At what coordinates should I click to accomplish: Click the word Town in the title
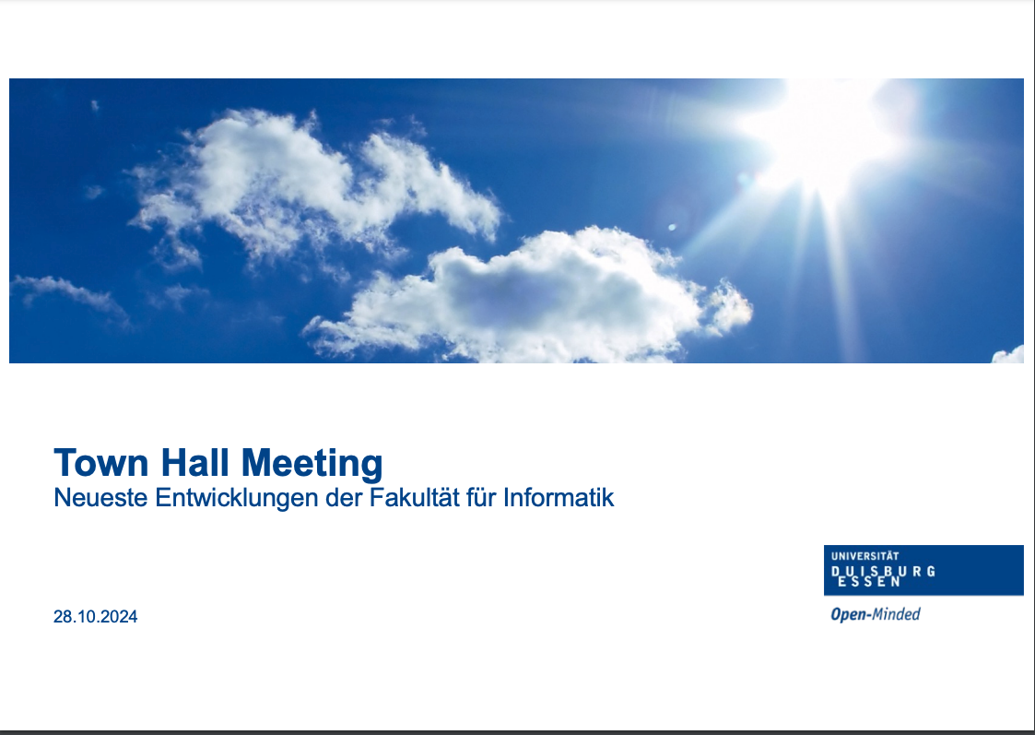point(101,462)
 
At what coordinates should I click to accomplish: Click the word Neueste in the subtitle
point(101,497)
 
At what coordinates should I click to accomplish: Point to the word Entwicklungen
point(237,498)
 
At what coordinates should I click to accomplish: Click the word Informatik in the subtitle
point(559,497)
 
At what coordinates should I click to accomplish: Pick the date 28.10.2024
point(96,617)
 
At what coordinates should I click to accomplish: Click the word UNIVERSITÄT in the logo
point(864,556)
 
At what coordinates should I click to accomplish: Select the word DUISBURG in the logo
point(883,571)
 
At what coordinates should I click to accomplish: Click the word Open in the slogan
point(848,615)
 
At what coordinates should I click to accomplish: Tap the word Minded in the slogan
point(897,614)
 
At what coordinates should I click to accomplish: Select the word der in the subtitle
point(341,497)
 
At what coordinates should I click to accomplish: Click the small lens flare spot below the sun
point(672,228)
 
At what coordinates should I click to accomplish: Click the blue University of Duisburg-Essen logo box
point(923,571)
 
